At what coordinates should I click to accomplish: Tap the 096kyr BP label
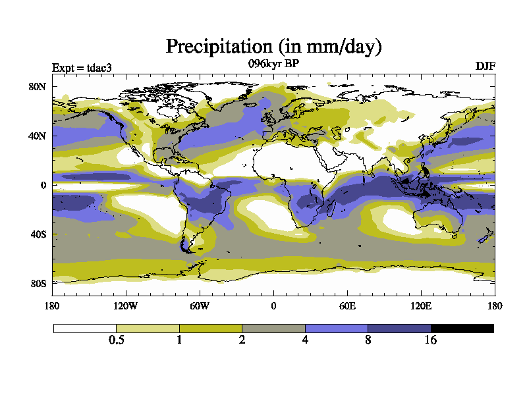(273, 64)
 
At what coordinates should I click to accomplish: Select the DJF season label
(485, 66)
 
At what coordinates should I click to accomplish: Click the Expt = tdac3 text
(82, 67)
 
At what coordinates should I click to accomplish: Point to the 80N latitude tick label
(36, 86)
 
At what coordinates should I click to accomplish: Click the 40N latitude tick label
(36, 136)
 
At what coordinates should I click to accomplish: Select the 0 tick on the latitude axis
(42, 185)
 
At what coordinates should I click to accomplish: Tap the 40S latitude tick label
(37, 234)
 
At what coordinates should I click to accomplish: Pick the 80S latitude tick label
(37, 283)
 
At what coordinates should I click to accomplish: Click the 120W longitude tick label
(126, 305)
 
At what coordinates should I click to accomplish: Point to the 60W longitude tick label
(200, 305)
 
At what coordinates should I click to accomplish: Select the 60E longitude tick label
(347, 305)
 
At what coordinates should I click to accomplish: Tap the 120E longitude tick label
(421, 305)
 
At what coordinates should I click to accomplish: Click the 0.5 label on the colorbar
(117, 340)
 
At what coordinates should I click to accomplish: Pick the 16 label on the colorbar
(430, 340)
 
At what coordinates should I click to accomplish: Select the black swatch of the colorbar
(462, 329)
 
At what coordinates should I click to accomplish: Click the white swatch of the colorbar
(85, 329)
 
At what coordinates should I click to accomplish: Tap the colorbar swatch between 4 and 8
(336, 329)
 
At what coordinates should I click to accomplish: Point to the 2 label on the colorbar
(242, 340)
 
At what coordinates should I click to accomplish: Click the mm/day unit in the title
(337, 47)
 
